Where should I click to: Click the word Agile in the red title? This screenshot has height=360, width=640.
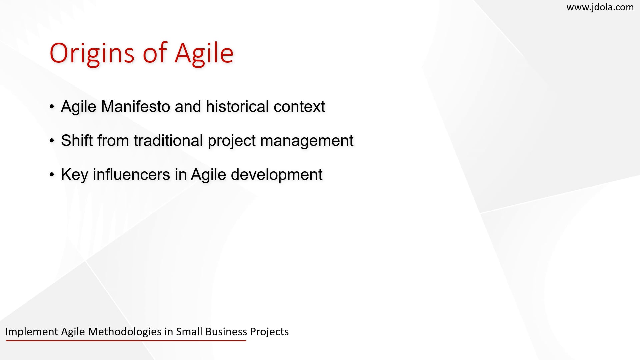204,53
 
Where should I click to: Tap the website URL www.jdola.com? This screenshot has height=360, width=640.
600,7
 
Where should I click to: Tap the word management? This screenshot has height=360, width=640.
307,140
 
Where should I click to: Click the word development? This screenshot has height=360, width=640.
276,175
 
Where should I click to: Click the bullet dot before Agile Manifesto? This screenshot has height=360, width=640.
52,107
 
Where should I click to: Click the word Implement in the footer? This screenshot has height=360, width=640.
32,332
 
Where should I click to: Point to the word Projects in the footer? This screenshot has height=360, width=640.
269,332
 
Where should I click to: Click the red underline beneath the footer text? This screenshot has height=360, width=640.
126,341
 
